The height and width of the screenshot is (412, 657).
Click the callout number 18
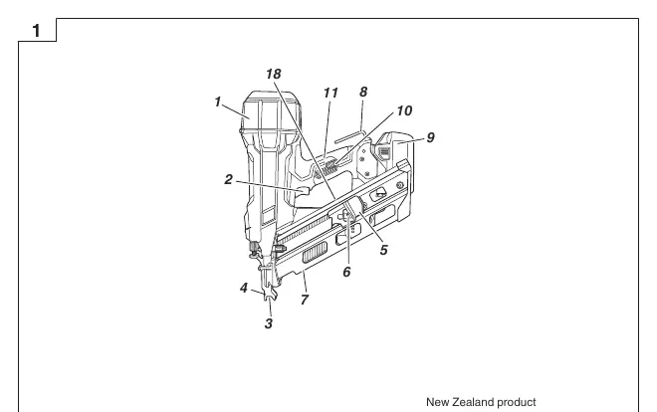coord(274,74)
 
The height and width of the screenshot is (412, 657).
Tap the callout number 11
coord(330,93)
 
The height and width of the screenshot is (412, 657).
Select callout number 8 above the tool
coord(363,93)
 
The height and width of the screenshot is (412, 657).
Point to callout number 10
coord(404,110)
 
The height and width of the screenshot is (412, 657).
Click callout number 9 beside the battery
coord(431,137)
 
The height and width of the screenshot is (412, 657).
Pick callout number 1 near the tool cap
coord(217,102)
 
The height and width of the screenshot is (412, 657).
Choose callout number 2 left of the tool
coord(228,179)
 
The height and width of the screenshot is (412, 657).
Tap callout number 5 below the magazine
coord(384,250)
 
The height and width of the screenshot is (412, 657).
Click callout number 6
coord(346,272)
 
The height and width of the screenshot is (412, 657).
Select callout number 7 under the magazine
coord(305,300)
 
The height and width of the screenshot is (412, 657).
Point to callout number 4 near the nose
coord(244,288)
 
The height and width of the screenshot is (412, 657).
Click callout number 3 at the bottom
coord(269,323)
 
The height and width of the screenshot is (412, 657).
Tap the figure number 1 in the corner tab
coord(37,31)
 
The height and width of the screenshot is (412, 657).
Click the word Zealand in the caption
coord(472,402)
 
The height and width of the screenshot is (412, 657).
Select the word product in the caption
coord(517,403)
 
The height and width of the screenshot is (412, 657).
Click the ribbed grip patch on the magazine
coord(315,254)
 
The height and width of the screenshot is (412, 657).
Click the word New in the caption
coord(437,402)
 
